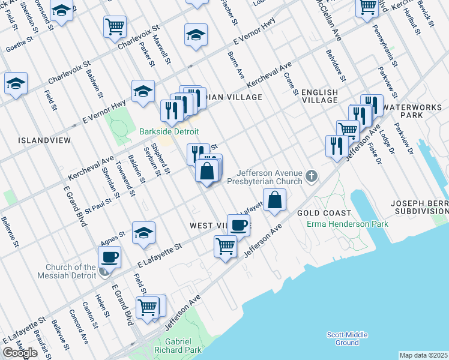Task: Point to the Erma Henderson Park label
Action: click(x=347, y=224)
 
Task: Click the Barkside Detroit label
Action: click(x=169, y=131)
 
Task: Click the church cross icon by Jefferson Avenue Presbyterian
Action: click(x=310, y=176)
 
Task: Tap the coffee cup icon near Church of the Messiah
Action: click(x=109, y=257)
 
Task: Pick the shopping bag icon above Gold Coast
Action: click(x=274, y=200)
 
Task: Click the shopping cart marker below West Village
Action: click(x=226, y=246)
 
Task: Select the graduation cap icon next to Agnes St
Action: click(x=143, y=234)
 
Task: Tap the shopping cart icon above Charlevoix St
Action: click(x=115, y=26)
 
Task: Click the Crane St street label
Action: click(x=291, y=84)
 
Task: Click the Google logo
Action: click(x=20, y=353)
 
